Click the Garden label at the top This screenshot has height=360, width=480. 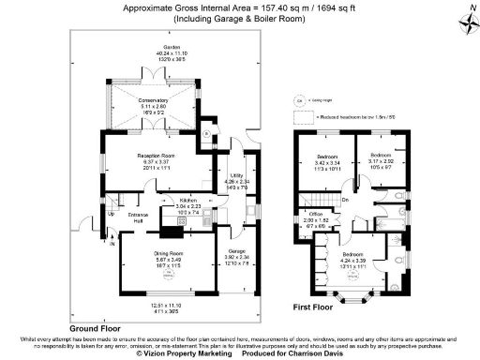(x=172, y=47)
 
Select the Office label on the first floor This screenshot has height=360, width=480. (x=316, y=215)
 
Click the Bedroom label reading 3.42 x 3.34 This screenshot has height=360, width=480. (x=327, y=156)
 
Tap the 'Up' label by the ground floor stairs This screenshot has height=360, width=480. (x=112, y=214)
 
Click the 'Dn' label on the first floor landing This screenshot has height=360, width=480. (x=345, y=199)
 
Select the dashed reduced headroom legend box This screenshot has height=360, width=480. (x=303, y=117)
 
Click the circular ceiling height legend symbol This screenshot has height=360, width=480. (x=300, y=98)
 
